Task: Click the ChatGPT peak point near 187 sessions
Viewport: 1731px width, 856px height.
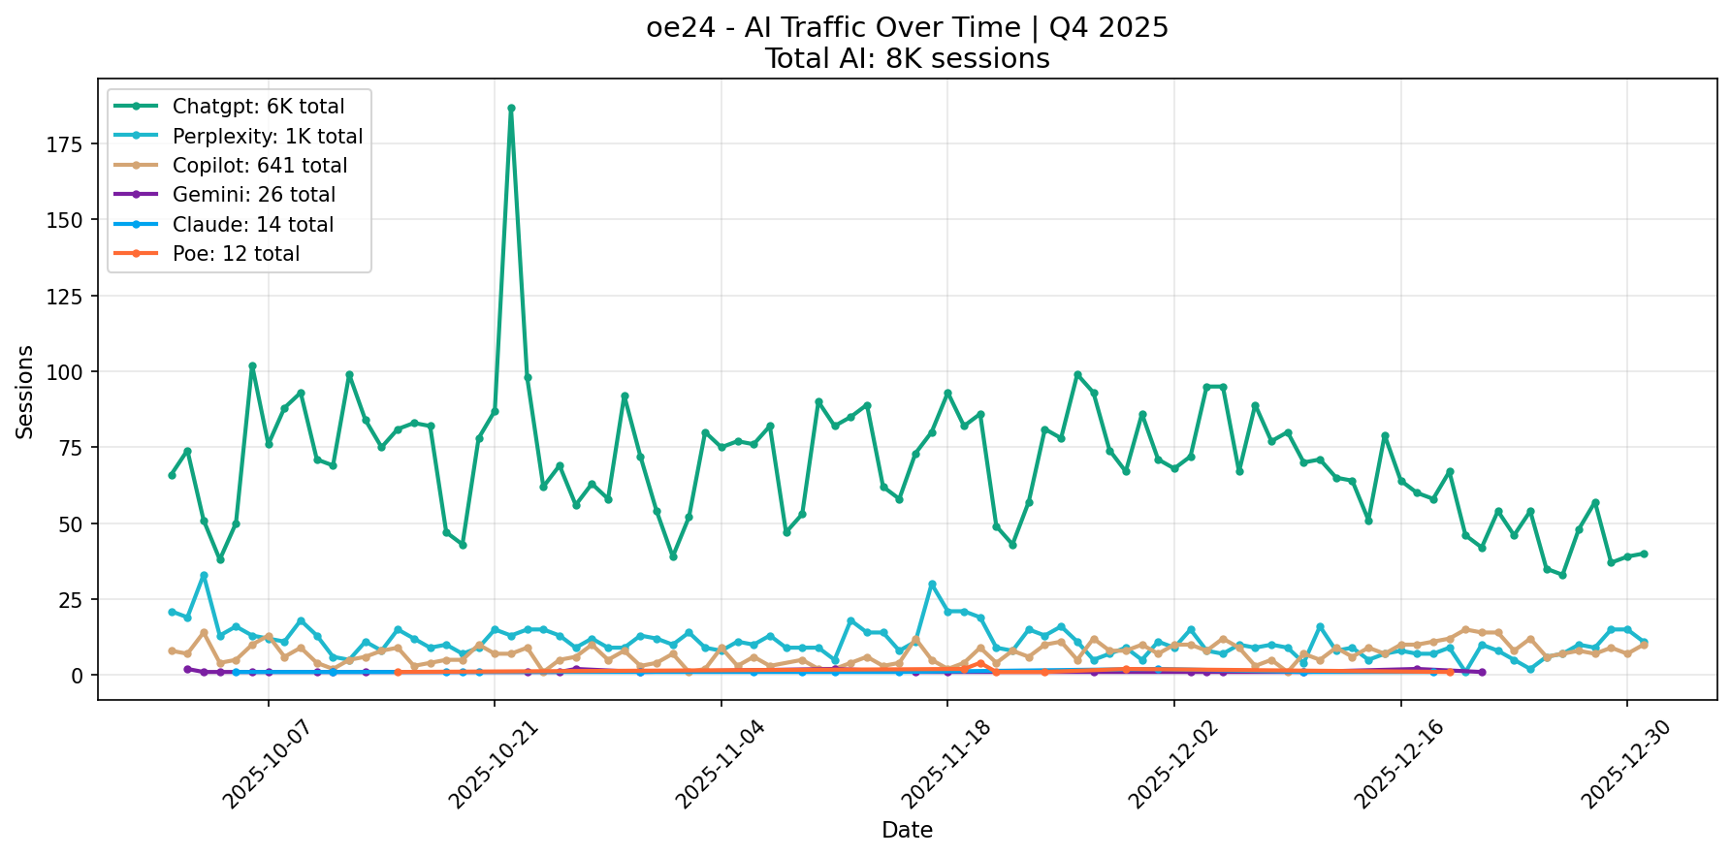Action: point(511,108)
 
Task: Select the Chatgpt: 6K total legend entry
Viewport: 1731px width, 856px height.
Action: point(258,107)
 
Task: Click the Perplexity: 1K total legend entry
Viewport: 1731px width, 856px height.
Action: point(268,137)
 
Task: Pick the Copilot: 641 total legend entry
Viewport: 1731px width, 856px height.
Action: point(260,166)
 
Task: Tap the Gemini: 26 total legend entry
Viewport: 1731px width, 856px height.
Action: point(254,195)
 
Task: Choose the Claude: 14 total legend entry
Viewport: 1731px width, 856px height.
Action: point(253,225)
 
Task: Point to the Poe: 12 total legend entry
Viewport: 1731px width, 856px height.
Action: point(236,254)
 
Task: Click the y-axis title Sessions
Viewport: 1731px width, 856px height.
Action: point(25,393)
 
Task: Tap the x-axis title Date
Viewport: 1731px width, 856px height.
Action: point(907,831)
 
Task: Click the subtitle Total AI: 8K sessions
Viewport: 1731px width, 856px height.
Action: point(907,59)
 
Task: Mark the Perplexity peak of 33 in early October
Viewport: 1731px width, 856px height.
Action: point(204,575)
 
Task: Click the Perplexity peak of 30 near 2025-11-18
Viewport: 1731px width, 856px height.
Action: point(932,584)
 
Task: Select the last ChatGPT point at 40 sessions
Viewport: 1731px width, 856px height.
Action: point(1644,554)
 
